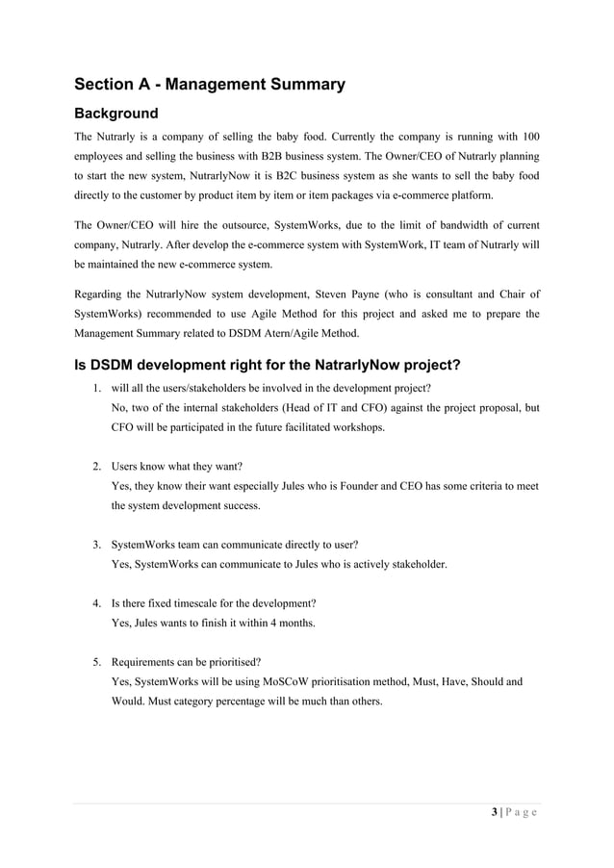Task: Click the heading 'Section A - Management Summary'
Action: click(x=210, y=85)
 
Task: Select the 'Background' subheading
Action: click(x=116, y=115)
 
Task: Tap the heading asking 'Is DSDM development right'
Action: click(x=260, y=366)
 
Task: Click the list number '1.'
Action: click(x=97, y=389)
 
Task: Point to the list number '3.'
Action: click(x=97, y=545)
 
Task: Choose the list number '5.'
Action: click(x=97, y=662)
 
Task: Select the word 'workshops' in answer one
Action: click(x=356, y=427)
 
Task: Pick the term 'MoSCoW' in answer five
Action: click(x=280, y=681)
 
